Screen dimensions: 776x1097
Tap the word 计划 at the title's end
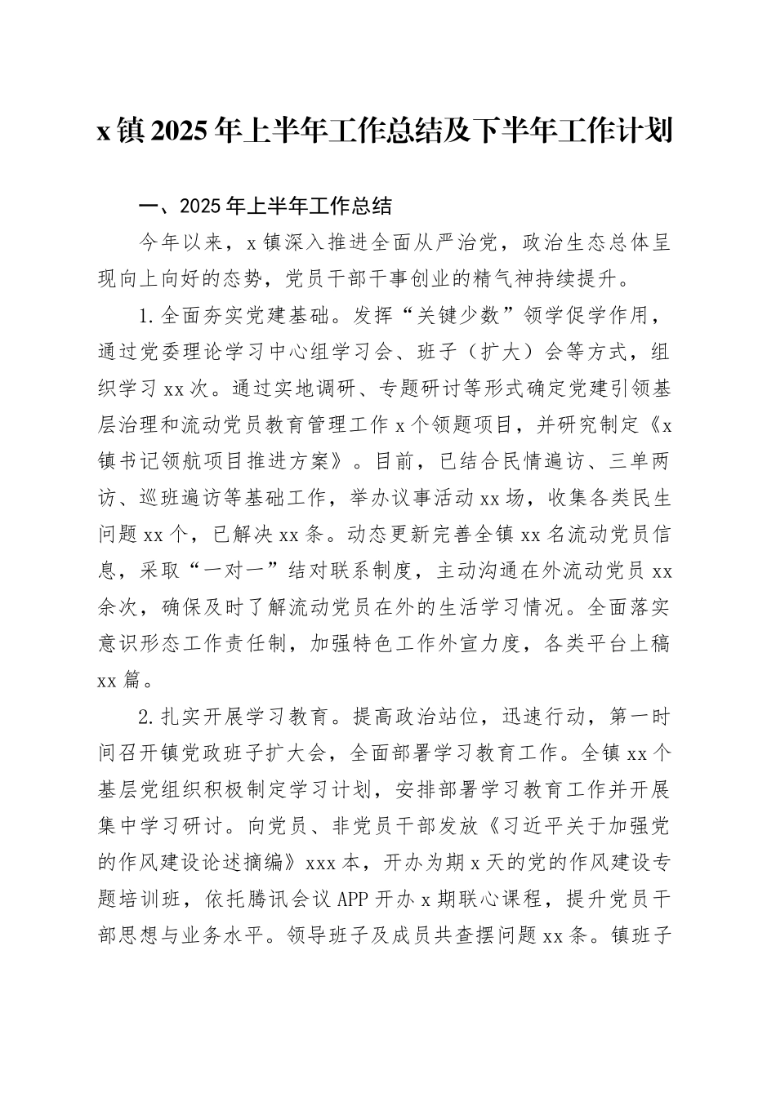[x=649, y=130]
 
